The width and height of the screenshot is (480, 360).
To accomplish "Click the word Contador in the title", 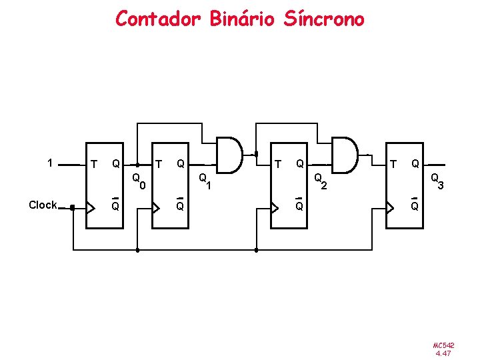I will coord(157,19).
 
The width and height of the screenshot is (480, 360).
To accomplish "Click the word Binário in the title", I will coord(241,19).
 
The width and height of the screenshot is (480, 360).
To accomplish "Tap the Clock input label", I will coord(43,205).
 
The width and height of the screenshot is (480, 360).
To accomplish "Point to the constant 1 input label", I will coord(50,162).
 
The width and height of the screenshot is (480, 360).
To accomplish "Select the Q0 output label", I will coord(139,181).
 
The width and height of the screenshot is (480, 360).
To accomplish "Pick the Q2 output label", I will coord(321,181).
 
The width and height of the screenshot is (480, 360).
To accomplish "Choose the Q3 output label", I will coord(437,181).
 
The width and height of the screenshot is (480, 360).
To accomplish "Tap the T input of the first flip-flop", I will coord(93,164).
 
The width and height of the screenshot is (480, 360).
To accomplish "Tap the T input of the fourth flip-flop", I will coord(394,164).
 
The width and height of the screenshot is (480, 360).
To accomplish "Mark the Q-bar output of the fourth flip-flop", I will coord(415,205).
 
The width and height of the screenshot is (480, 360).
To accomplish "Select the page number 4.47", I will coord(443,353).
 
